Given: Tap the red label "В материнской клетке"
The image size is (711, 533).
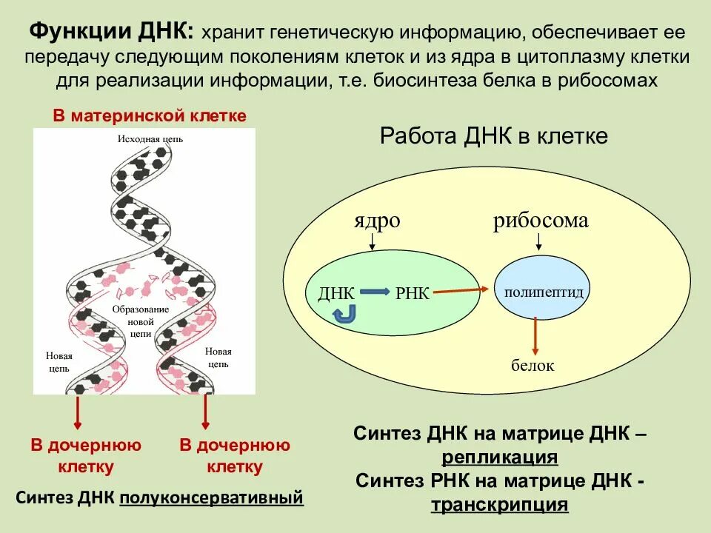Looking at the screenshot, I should (149, 116).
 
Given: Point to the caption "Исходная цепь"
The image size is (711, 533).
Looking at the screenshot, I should (150, 138).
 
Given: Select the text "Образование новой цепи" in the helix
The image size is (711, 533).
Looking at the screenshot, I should (141, 321).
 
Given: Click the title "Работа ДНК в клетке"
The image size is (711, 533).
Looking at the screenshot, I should (493, 136).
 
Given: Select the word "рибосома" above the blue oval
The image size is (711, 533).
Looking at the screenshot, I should (541, 220).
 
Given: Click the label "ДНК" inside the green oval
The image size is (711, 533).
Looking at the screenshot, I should (336, 293).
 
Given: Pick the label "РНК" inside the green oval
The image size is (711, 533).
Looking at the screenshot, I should (413, 293).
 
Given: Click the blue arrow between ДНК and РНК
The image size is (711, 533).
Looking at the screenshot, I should (375, 292).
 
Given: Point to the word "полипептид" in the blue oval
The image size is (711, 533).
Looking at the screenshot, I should (544, 292).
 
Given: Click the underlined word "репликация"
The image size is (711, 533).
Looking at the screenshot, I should (500, 456).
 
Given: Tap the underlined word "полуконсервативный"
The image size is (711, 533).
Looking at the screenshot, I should (212, 497).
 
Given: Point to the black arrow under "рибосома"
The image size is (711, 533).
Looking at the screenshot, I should (538, 241).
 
